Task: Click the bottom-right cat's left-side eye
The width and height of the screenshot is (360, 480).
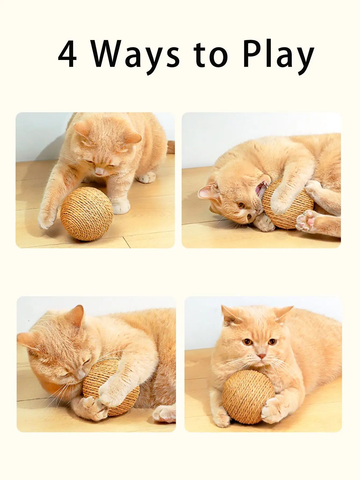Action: (x=247, y=342)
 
